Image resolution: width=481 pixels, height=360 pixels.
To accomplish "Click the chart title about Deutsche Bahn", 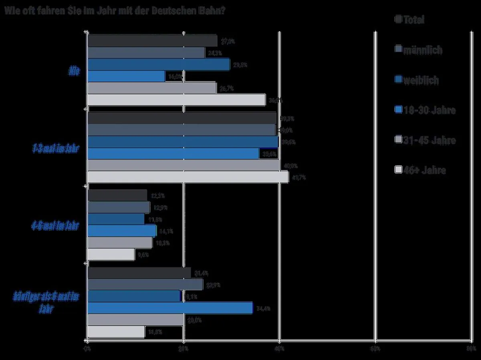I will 114,10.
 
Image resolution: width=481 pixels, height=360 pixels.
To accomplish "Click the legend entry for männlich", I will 419,50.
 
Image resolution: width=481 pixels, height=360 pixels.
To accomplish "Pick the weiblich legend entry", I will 417,80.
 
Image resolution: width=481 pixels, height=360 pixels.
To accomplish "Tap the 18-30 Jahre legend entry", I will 425,110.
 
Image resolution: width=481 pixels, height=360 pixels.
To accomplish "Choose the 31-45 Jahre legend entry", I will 425,140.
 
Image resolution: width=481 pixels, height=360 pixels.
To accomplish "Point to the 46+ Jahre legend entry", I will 420,170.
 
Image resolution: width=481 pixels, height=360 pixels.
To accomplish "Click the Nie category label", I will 74,71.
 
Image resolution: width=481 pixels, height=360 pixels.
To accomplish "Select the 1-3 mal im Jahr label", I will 56,149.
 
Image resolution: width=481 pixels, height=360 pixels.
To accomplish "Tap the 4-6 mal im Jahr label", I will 55,226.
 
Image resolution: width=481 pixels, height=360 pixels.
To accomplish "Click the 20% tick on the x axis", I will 183,349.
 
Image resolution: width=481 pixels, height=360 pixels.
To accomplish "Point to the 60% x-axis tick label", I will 375,349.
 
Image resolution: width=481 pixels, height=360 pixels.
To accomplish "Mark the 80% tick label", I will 471,349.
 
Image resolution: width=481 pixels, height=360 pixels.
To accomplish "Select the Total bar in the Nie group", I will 152,41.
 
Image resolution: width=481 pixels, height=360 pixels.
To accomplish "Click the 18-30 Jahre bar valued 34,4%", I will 170,308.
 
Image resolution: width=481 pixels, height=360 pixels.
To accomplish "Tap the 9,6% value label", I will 143,255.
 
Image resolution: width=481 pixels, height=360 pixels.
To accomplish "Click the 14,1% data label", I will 165,231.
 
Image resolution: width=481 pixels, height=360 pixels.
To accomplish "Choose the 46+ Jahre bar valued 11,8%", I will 116,332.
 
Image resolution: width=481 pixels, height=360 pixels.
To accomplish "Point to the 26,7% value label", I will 226,88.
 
